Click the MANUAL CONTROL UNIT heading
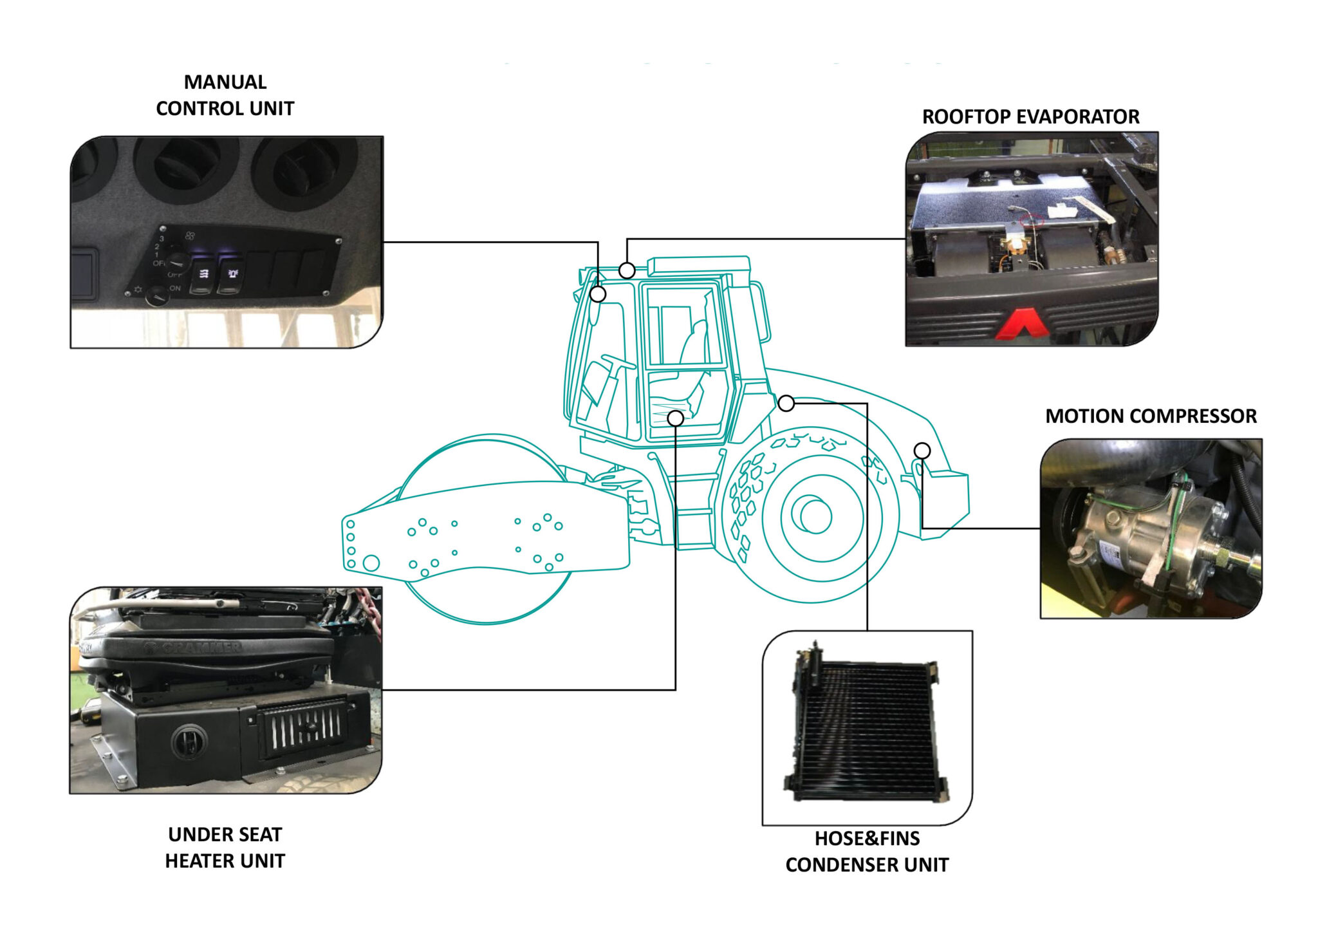[225, 95]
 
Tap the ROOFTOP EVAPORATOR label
[1030, 117]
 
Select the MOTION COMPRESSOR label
[1151, 416]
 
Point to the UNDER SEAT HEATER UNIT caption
[225, 847]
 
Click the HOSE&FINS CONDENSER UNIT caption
[867, 851]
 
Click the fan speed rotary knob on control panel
[177, 261]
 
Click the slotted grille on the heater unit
[302, 731]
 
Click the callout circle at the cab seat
[675, 418]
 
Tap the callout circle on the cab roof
[627, 270]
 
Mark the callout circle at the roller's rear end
[922, 451]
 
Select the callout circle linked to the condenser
[786, 404]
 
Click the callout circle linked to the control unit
[598, 294]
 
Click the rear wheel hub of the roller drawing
[815, 516]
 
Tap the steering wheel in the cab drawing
[618, 362]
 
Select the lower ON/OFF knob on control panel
[156, 296]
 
